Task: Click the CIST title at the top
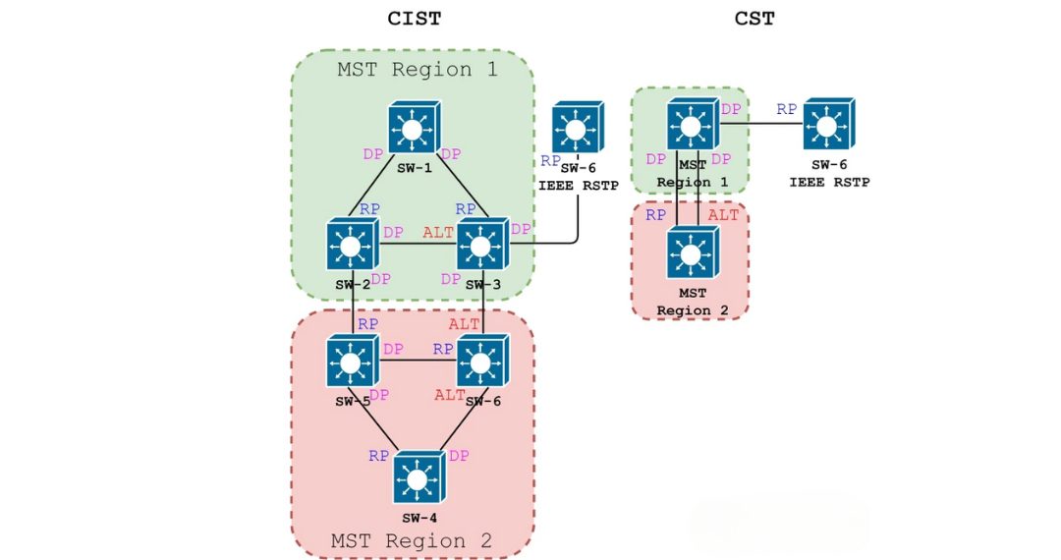coord(414,18)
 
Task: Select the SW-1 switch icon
coord(413,128)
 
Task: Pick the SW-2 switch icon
coord(353,244)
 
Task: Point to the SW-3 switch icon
coord(480,244)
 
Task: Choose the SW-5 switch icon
coord(353,362)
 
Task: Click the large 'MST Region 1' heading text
coord(417,70)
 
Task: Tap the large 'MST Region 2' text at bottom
coord(411,540)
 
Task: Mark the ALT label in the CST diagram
coord(723,215)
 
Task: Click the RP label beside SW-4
coord(379,456)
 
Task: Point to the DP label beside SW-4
coord(459,456)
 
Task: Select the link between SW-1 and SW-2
coord(376,190)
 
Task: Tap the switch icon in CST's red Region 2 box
coord(692,253)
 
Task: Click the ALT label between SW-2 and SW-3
coord(438,233)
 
